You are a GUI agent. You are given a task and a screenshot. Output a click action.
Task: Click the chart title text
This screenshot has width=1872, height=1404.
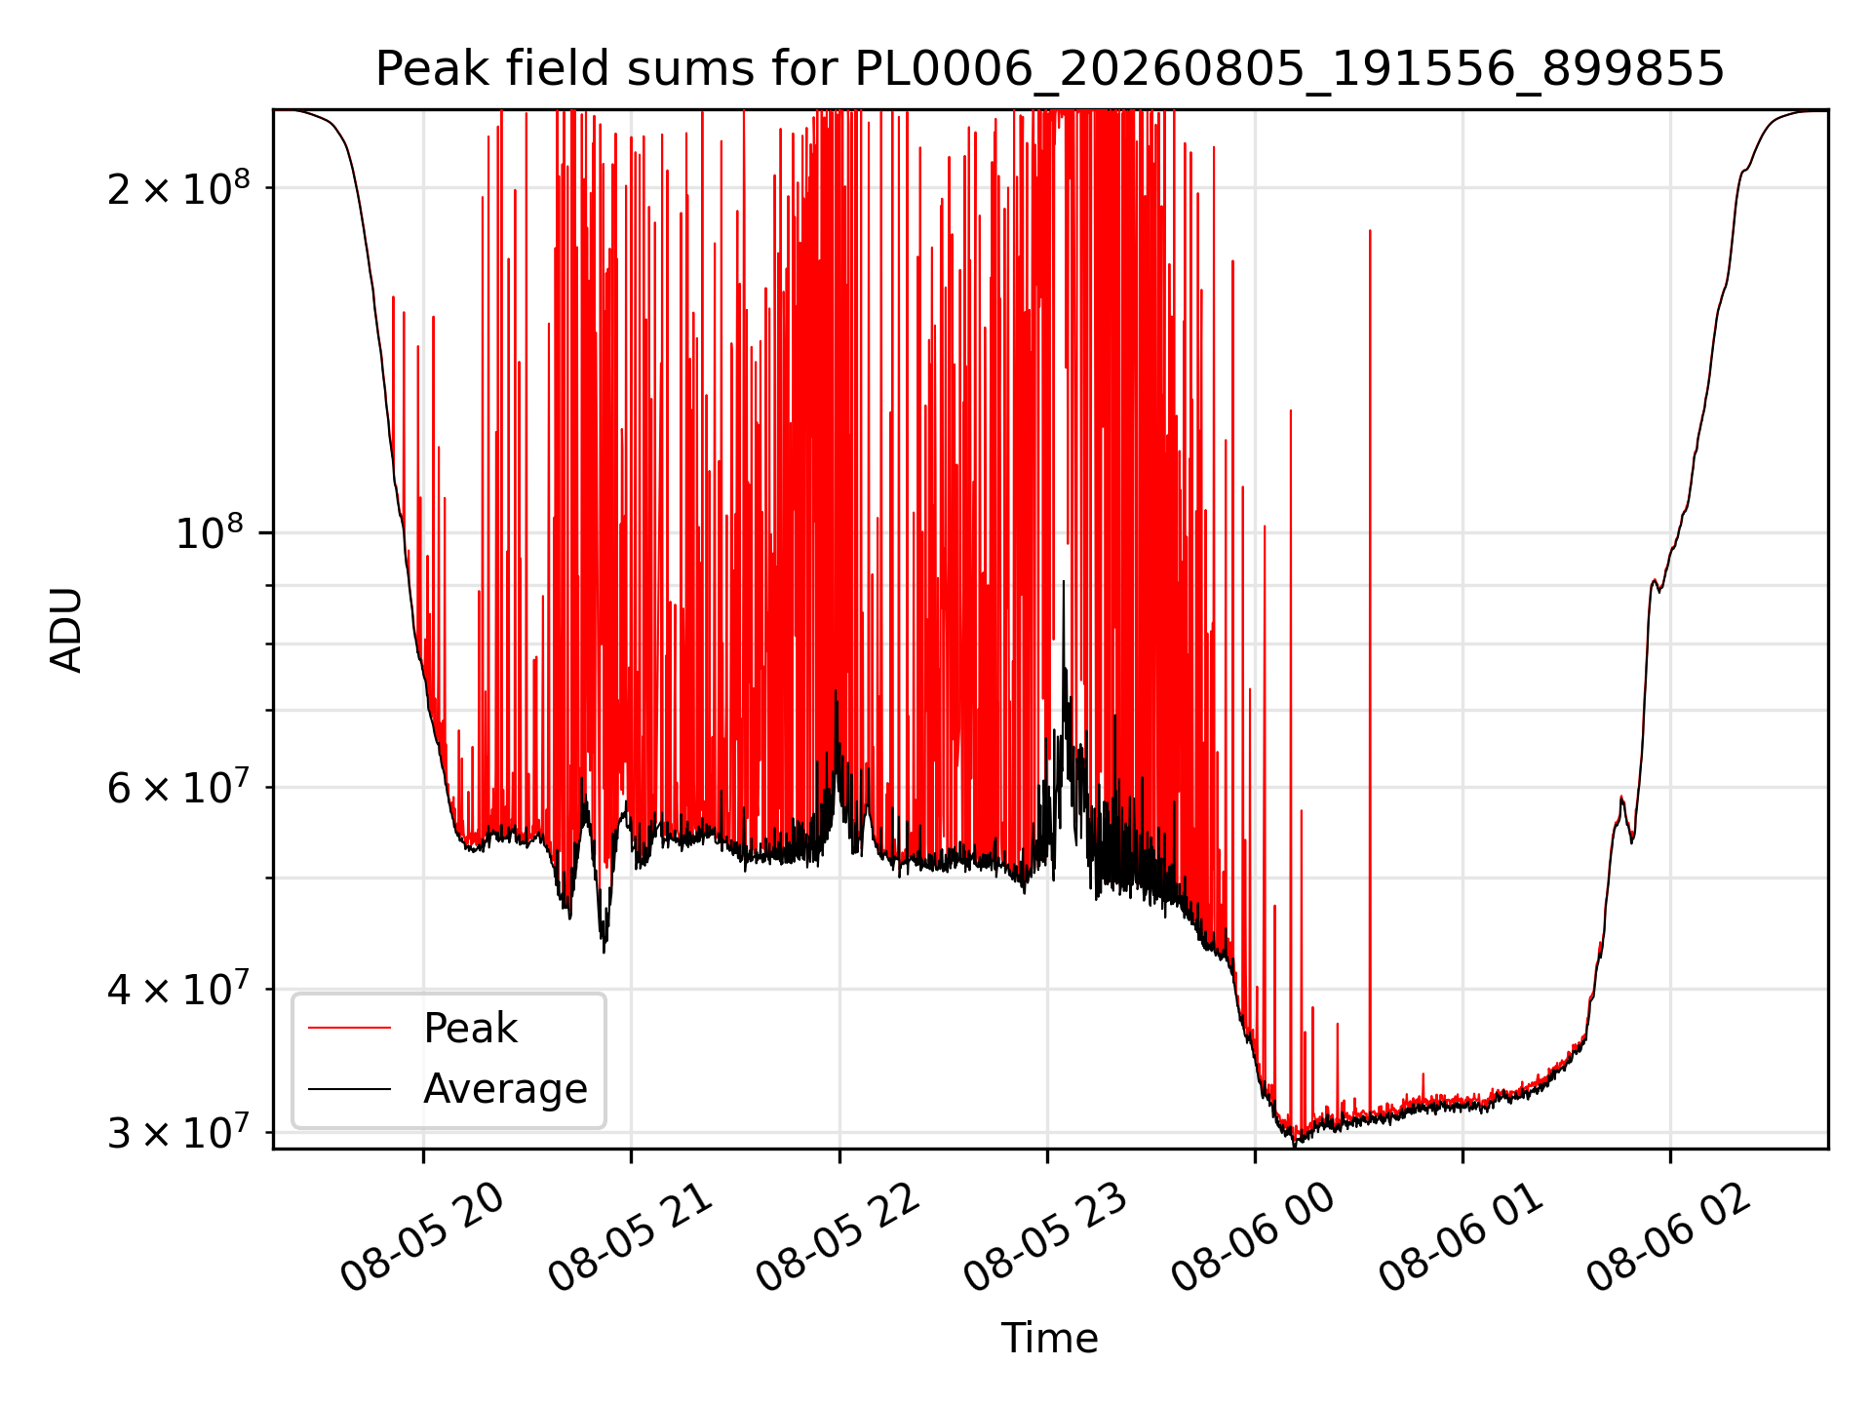(x=1050, y=69)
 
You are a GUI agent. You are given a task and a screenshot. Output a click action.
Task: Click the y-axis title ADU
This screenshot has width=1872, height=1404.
(x=66, y=629)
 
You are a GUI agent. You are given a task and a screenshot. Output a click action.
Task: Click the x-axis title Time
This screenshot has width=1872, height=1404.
(x=1050, y=1338)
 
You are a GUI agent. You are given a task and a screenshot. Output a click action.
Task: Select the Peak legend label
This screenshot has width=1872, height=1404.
(x=470, y=1028)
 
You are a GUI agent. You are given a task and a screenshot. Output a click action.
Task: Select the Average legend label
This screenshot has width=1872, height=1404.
(x=505, y=1088)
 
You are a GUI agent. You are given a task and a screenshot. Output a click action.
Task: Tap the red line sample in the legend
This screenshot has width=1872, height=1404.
(x=349, y=1028)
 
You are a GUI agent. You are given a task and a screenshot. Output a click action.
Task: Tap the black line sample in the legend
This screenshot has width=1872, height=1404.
(x=349, y=1088)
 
